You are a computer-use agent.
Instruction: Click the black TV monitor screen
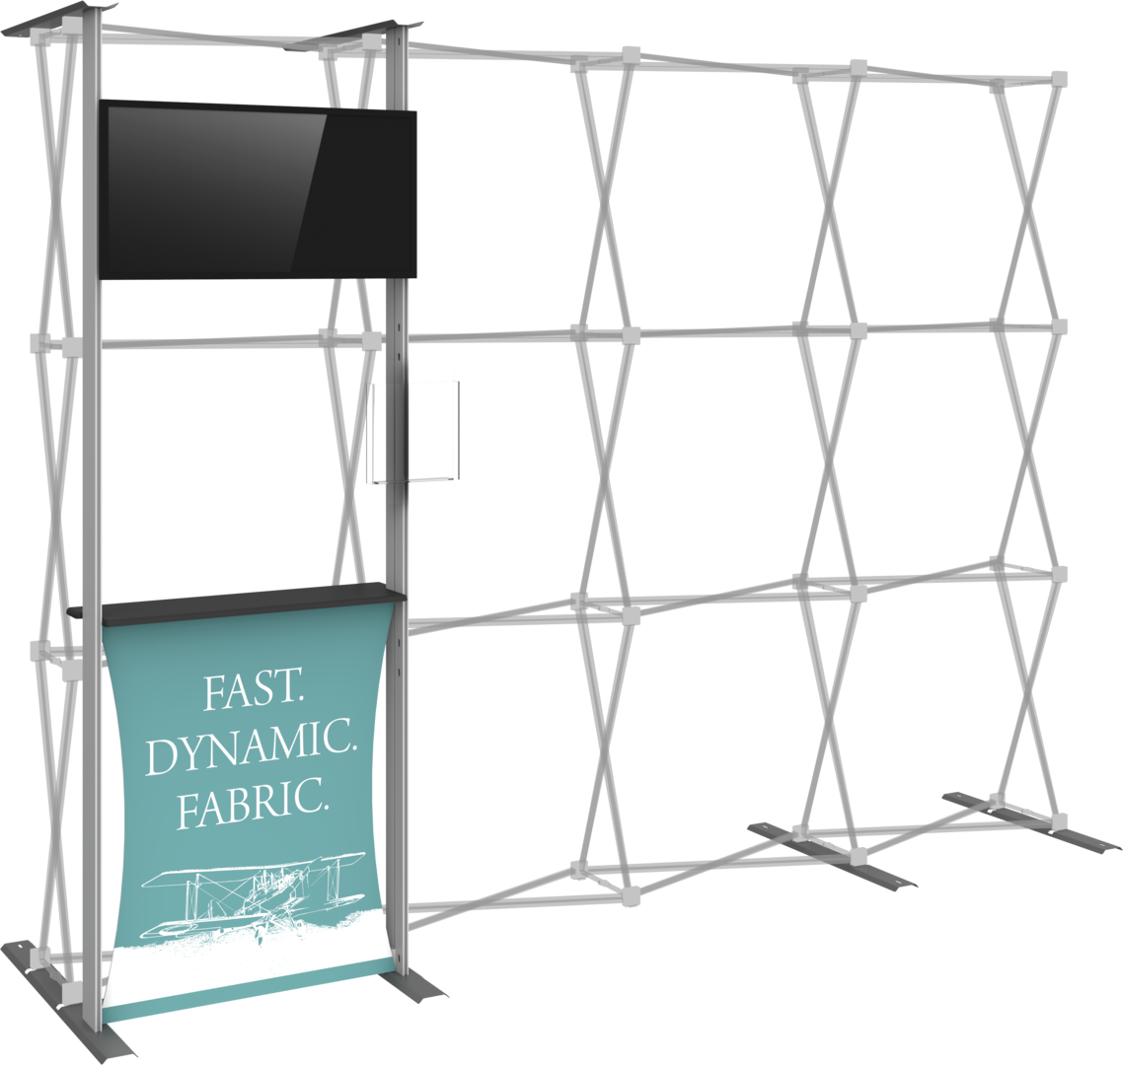258,189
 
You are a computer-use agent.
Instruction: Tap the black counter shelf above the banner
237,599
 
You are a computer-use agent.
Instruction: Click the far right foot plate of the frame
1031,820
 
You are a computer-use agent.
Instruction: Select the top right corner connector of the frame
1059,79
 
